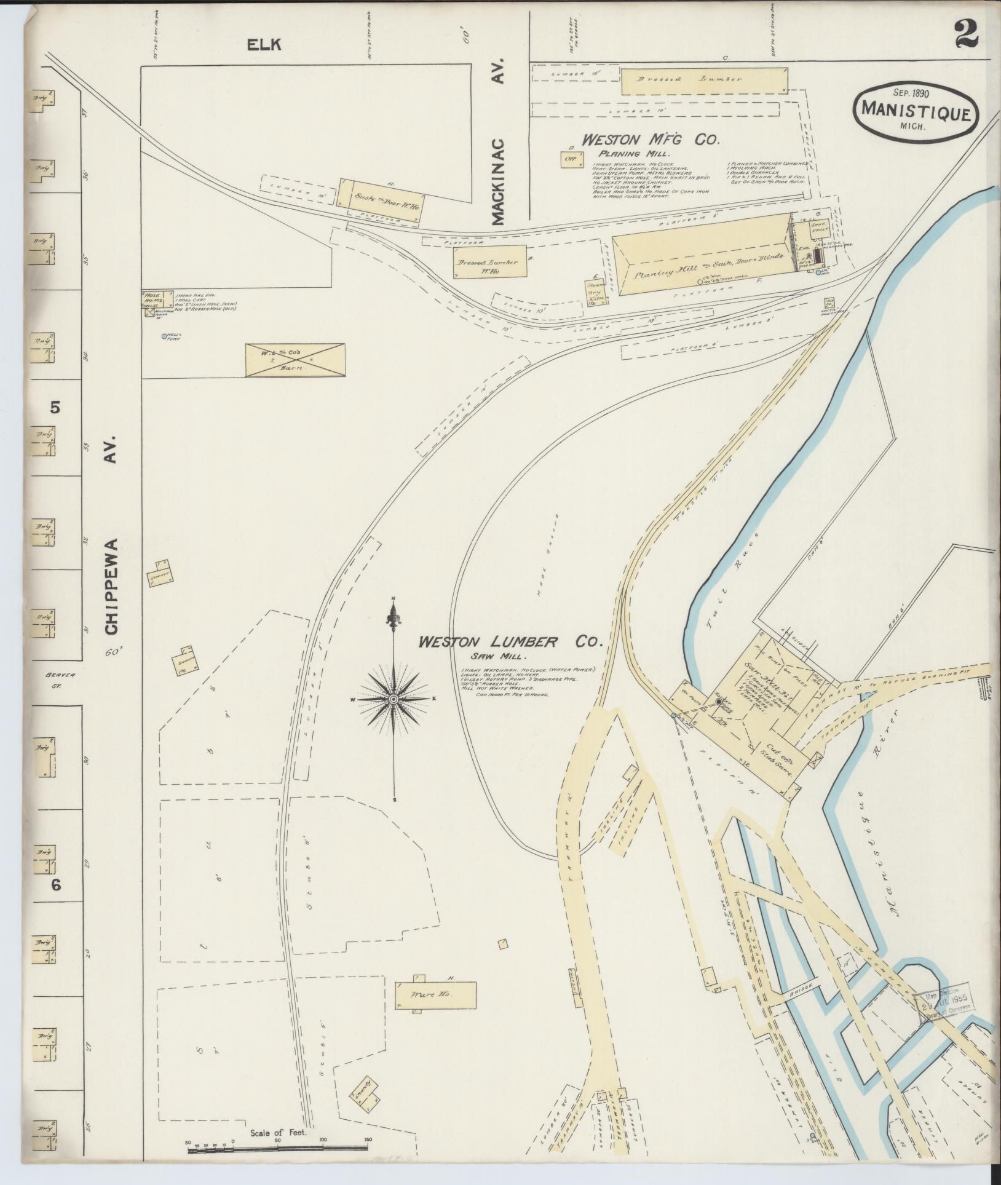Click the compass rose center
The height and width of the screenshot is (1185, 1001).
[x=393, y=699]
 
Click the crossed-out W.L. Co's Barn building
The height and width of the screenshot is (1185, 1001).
[x=295, y=360]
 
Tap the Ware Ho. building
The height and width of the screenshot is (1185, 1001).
[x=435, y=1011]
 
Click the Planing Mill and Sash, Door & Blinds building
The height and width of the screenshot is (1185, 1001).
[x=701, y=255]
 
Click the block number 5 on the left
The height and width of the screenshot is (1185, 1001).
[x=55, y=407]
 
